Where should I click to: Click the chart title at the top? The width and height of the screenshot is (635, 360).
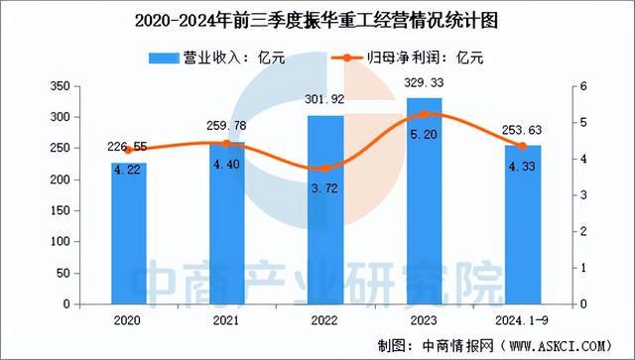pyautogui.click(x=317, y=19)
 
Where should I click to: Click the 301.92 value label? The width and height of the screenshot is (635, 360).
pyautogui.click(x=325, y=101)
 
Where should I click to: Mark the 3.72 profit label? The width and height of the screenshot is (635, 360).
pyautogui.click(x=325, y=184)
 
